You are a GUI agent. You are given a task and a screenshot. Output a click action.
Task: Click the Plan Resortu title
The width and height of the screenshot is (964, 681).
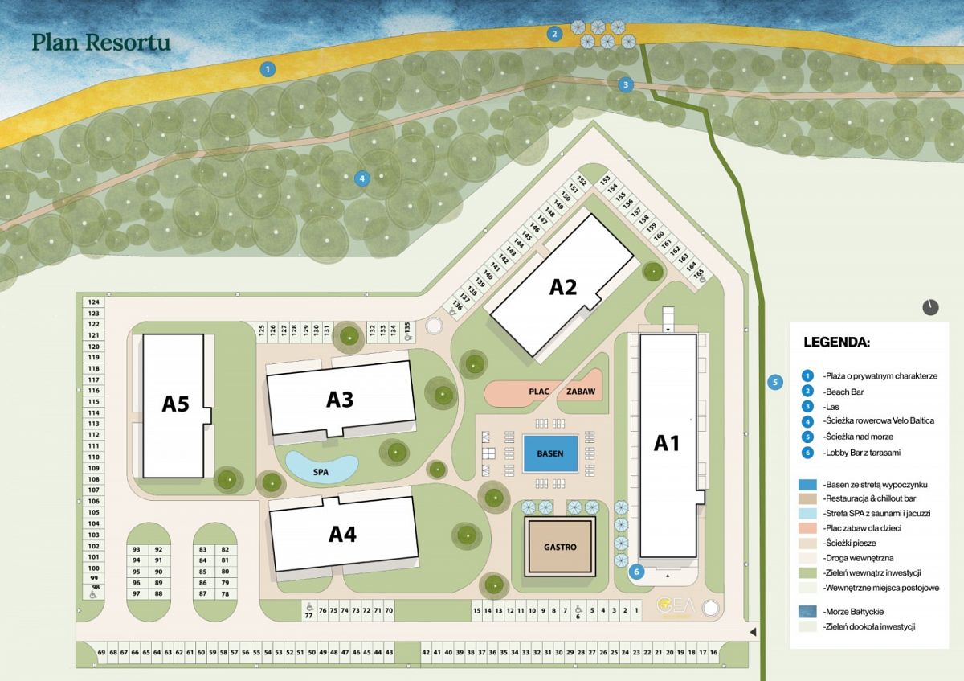(100, 43)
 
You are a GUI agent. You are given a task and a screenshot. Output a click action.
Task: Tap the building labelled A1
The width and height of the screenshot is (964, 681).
(667, 443)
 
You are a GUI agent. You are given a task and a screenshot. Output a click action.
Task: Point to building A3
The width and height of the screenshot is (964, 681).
(340, 400)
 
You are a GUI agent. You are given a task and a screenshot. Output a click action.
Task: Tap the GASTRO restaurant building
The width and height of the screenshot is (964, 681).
(560, 547)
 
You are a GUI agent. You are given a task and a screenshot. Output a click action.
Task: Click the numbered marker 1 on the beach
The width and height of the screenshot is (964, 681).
(267, 69)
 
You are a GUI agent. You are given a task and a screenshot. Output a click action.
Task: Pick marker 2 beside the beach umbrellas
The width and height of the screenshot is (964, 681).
(554, 34)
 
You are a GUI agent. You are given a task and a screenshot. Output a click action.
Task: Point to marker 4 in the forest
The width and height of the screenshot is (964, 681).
(363, 178)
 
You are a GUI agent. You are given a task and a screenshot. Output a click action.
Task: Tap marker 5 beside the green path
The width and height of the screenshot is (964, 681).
(775, 382)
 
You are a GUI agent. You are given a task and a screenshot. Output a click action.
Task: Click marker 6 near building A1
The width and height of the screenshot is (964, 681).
(637, 572)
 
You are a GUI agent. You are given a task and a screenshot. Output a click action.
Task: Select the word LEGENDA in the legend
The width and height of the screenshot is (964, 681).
(836, 342)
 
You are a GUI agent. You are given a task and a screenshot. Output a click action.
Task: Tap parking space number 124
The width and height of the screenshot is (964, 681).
(93, 302)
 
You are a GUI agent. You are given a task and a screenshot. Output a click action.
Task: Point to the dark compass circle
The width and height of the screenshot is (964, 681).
(930, 306)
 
